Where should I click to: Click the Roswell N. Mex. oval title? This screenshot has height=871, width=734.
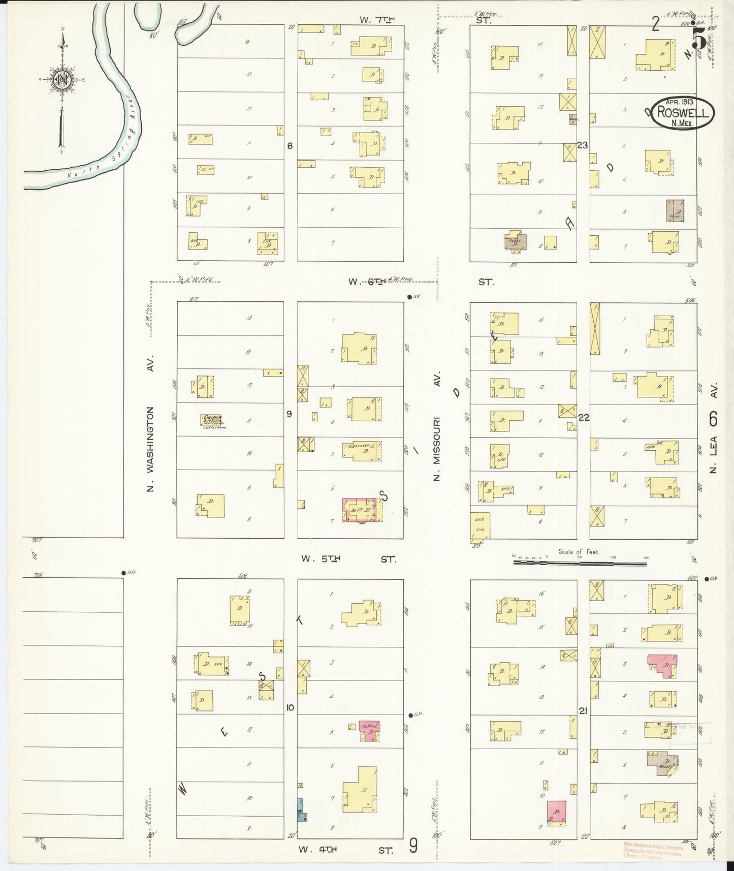pos(683,113)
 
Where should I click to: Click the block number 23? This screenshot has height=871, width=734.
pos(582,145)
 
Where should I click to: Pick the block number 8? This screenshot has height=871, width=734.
pos(290,146)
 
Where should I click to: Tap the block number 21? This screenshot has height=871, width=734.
pos(583,711)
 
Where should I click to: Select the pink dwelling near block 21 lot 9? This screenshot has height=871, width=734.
pos(557,811)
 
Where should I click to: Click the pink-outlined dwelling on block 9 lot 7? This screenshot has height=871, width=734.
pos(362,510)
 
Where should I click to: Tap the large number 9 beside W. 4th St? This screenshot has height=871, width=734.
pos(414,846)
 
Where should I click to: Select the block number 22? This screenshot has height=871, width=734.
pos(584,418)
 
